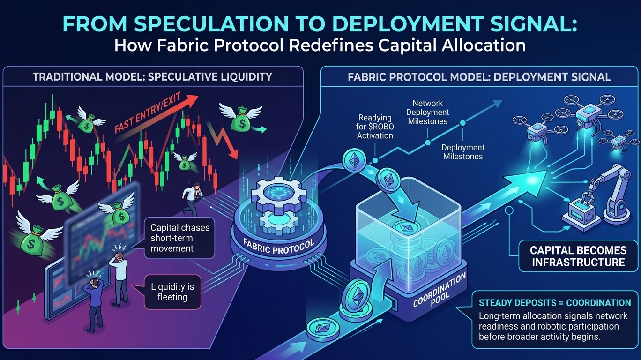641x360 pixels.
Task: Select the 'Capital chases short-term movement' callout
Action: coord(180,238)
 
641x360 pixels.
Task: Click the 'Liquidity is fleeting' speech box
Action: coord(172,291)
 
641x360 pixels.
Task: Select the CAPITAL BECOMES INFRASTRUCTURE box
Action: coord(578,255)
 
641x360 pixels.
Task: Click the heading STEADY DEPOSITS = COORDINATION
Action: coord(554,303)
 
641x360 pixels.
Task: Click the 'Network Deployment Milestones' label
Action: coord(427,112)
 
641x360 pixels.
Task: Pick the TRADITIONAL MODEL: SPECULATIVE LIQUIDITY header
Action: coord(152,76)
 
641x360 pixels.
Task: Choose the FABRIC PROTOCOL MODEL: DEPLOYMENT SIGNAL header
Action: coord(479,77)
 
